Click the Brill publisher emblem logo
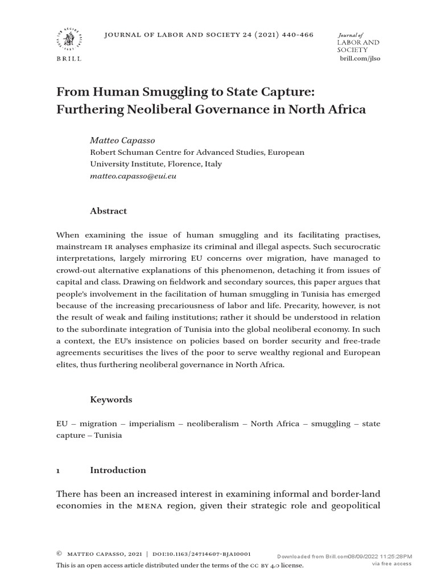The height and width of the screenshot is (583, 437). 68,40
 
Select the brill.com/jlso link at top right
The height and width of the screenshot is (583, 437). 360,59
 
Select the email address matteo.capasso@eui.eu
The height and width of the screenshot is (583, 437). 134,176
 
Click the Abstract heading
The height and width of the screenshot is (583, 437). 109,211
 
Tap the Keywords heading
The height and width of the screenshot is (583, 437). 111,400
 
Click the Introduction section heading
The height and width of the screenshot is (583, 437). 118,470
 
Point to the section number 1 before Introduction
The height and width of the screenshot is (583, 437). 59,470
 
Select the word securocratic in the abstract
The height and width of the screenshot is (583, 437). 349,247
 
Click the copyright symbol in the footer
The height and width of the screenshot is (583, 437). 59,554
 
